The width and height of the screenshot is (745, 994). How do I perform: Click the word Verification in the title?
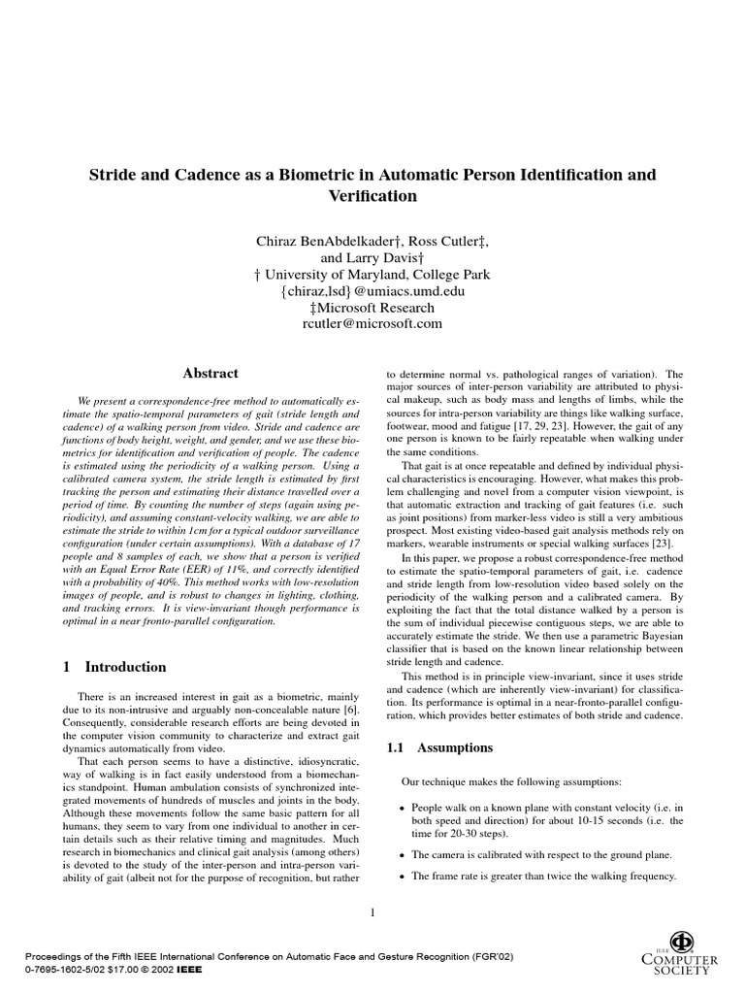(372, 196)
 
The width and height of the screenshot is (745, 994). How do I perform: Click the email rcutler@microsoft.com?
(372, 323)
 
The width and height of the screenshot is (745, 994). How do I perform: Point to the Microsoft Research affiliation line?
(372, 307)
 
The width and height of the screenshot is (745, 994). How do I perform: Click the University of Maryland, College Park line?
(372, 274)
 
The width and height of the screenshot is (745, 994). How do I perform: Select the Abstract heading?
(211, 373)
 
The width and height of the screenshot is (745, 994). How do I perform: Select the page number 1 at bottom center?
(372, 911)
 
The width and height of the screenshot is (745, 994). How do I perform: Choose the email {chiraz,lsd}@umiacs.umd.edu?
(372, 290)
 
